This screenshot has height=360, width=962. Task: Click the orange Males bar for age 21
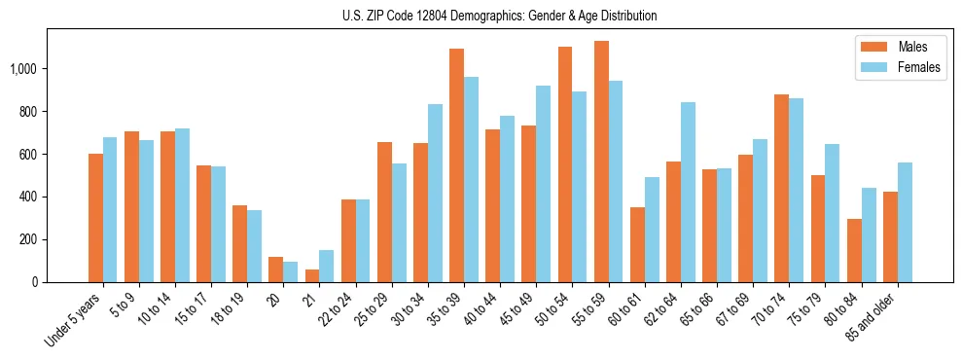pyautogui.click(x=312, y=275)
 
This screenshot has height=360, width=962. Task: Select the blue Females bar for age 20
pyautogui.click(x=291, y=271)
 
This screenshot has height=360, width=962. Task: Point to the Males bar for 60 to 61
pyautogui.click(x=637, y=244)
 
